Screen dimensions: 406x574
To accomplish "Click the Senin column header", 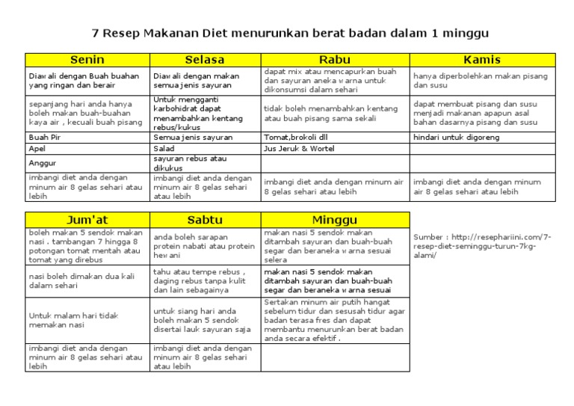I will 87,60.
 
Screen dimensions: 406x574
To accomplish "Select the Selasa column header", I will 206,60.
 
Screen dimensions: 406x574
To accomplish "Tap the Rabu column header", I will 334,60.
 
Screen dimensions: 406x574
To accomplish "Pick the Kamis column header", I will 482,60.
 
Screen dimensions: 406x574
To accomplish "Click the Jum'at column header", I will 87,220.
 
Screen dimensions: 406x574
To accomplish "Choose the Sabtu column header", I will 206,220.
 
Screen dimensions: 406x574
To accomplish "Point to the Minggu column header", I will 334,220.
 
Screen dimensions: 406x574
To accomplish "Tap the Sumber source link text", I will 482,245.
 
